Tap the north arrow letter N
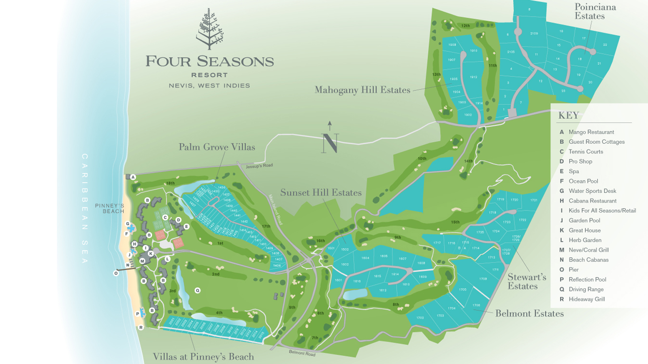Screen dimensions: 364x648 [x=330, y=143]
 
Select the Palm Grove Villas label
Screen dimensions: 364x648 [x=217, y=147]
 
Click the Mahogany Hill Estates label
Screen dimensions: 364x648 [x=362, y=90]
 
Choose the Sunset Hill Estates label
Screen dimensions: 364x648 [x=321, y=193]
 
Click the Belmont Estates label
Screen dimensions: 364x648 [x=529, y=314]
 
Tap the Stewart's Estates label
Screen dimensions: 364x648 [x=526, y=281]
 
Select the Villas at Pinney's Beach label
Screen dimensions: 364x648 [x=203, y=357]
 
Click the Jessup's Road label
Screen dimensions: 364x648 [x=259, y=166]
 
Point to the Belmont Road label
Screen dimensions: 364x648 [x=302, y=353]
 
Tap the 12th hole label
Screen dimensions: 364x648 [x=465, y=26]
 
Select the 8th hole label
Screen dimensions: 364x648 [x=396, y=305]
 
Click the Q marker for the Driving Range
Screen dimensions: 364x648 [x=198, y=290]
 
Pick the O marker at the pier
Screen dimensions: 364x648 [x=116, y=273]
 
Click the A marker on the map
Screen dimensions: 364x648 [x=133, y=177]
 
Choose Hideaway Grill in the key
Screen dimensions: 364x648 [x=586, y=299]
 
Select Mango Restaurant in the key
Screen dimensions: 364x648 [x=591, y=132]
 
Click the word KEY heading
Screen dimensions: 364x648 [x=569, y=116]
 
